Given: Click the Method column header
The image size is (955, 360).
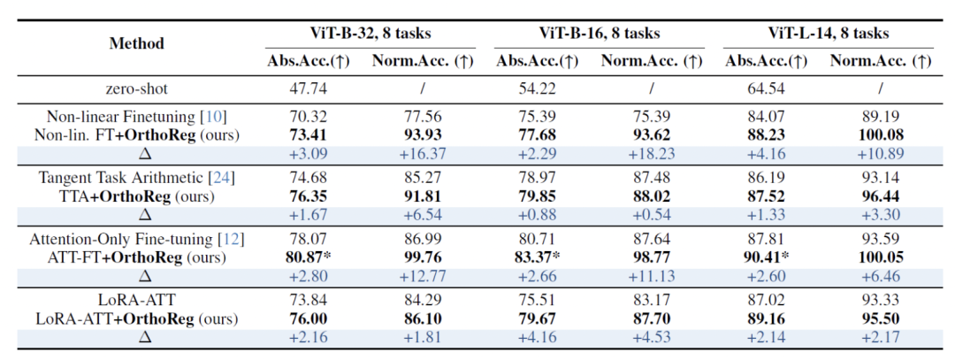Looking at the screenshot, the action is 137,44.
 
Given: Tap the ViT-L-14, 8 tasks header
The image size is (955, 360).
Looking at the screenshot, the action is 829,33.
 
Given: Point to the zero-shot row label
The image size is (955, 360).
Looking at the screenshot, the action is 137,89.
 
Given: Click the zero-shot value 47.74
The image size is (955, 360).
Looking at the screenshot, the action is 309,89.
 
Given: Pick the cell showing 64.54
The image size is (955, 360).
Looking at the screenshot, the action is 766,89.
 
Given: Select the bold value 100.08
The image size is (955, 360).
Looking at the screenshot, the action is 881,134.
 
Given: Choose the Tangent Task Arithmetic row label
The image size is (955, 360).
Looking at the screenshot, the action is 122,179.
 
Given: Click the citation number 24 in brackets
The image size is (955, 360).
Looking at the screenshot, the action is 222,179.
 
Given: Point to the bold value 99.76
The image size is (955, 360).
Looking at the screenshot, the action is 423,257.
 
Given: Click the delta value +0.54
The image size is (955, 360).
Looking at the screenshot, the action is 651,214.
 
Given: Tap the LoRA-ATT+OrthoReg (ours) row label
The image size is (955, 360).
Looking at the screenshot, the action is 137,319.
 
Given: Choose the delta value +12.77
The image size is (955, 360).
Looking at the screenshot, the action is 423,276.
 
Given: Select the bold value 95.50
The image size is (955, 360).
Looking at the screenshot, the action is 881,319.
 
